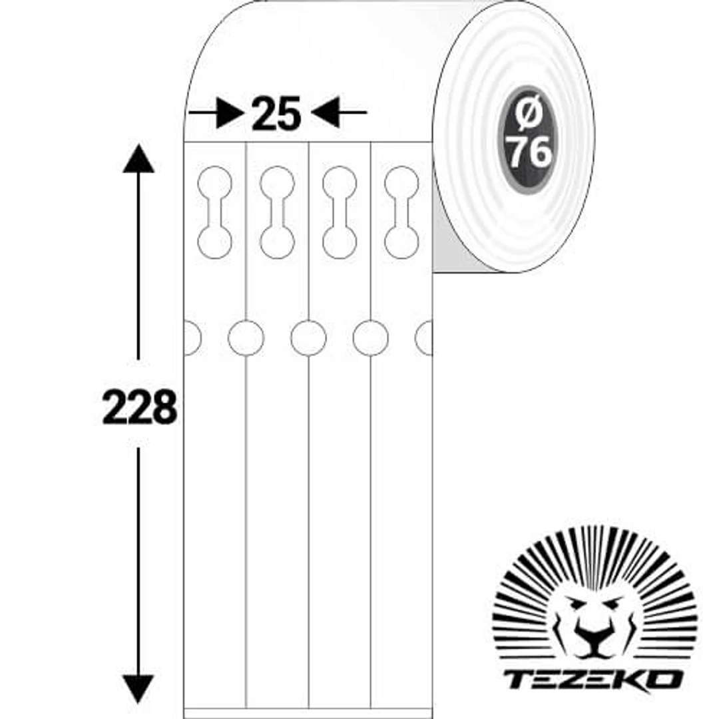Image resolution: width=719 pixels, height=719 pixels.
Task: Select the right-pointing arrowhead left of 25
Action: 230,113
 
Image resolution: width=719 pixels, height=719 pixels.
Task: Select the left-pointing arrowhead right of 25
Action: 326,112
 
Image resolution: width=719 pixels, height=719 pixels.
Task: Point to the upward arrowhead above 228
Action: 138,158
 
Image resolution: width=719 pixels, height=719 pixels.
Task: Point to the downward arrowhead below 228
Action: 138,689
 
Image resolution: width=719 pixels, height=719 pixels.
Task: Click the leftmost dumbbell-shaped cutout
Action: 214,212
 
